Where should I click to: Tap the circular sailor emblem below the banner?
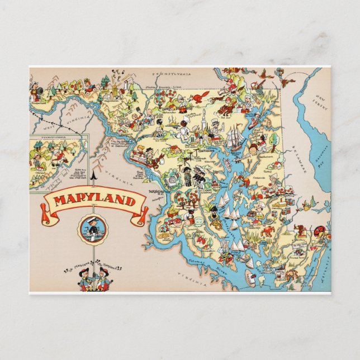[93, 229]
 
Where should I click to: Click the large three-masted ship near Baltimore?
[235, 136]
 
